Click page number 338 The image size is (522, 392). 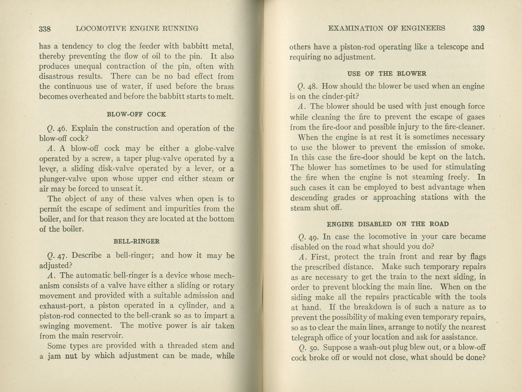45,28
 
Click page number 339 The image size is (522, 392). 478,28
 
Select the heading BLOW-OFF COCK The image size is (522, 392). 136,114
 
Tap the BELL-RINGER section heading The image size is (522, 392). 136,241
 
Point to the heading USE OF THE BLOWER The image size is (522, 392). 387,74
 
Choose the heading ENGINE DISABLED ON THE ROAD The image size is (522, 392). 387,224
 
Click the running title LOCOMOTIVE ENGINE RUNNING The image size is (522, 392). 137,28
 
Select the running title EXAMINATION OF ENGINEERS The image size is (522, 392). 386,28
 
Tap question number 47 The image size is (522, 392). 62,256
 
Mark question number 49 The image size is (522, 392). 313,237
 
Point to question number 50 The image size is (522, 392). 313,348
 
